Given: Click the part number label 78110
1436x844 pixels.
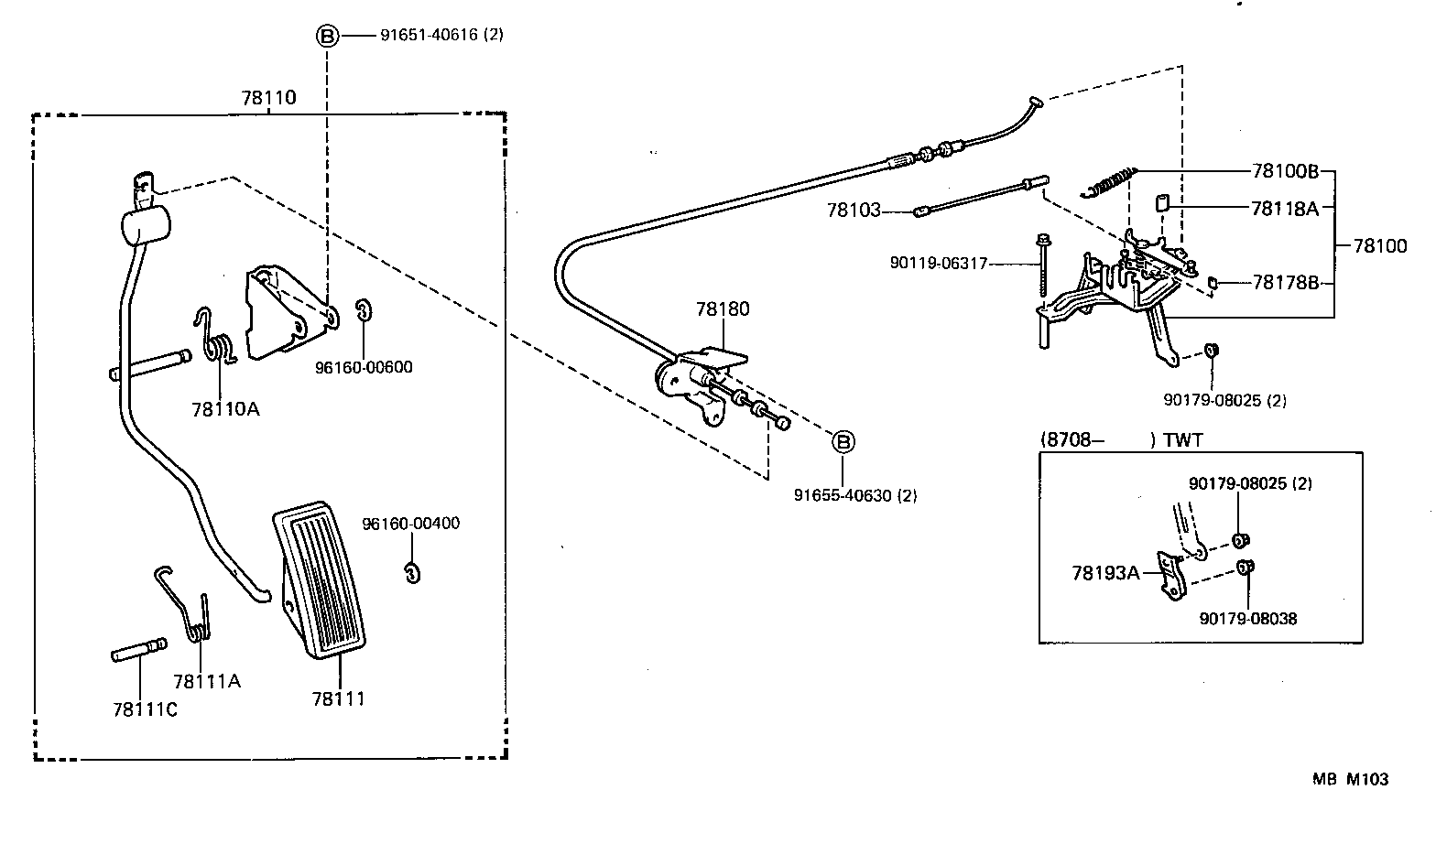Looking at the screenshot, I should point(269,97).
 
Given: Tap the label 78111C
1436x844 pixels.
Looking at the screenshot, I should point(145,709).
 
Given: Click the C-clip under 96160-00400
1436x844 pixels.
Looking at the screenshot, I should point(412,571).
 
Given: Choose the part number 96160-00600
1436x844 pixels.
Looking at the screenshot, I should point(364,367).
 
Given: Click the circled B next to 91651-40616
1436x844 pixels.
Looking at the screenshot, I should point(327,36).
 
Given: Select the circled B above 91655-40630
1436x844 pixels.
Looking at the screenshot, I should point(843,442).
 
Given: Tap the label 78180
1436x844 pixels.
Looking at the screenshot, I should point(722,308).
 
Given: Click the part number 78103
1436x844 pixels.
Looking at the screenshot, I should point(854,211).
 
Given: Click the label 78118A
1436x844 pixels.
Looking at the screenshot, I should point(1284,208).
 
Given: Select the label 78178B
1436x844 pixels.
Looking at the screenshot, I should point(1285,282).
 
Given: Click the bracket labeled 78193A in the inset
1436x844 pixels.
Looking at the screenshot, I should point(1171,578).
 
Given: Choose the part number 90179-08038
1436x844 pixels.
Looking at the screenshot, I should point(1248,619).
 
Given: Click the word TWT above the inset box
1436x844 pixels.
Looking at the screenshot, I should point(1183,439).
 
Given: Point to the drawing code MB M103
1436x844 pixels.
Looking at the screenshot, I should point(1350,779).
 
